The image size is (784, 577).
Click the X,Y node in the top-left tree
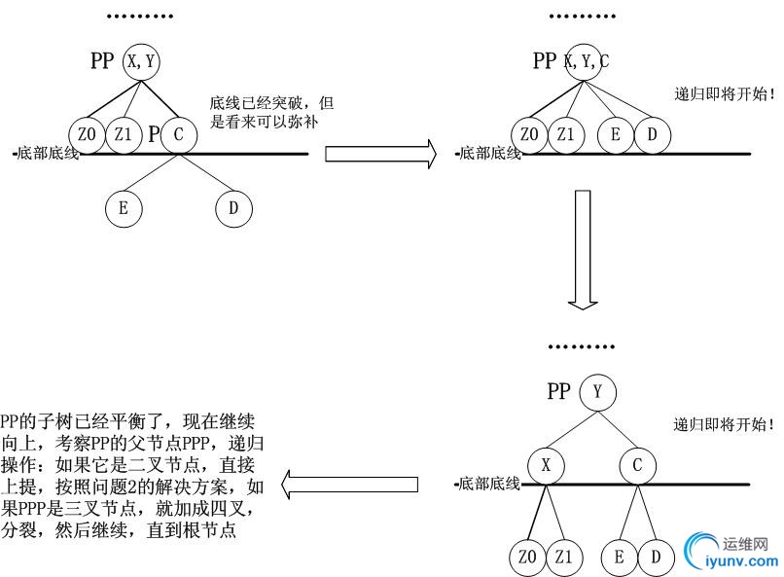point(142,61)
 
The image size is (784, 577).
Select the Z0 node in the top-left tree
point(87,134)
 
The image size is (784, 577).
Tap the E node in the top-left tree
point(124,207)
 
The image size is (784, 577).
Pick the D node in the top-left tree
point(233,207)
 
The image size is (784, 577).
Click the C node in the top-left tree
point(179,134)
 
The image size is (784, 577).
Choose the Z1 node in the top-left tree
point(123,134)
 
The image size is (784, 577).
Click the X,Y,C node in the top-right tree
point(584,61)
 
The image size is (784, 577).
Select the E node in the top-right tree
point(616,134)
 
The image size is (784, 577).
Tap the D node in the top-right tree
point(653,134)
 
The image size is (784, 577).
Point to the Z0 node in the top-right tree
point(530,134)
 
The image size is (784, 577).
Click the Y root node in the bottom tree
point(598,392)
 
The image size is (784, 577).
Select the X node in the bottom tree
point(546,465)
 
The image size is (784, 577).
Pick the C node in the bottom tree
point(637,465)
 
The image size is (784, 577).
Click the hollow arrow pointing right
point(379,153)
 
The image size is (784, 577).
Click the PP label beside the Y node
point(558,392)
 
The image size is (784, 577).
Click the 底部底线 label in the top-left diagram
point(44,154)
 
